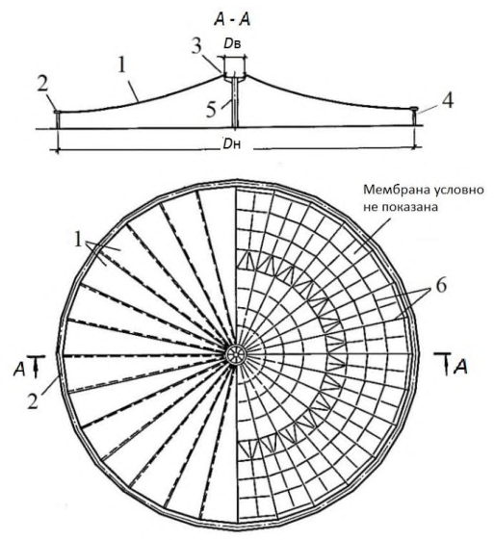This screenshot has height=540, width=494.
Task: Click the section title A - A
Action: coord(232,20)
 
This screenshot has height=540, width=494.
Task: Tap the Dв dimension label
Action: coord(232,43)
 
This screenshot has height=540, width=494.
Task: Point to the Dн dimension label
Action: coord(231,144)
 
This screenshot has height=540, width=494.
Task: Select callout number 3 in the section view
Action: coord(196,46)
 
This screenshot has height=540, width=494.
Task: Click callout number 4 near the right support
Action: coord(448,100)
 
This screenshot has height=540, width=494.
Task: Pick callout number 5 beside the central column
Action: coord(211,110)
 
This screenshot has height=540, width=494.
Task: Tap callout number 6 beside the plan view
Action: coord(441,285)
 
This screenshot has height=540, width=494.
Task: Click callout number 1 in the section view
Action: coord(121,65)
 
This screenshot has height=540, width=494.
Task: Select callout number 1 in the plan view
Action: coord(79,240)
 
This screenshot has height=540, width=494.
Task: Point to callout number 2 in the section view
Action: coord(42,84)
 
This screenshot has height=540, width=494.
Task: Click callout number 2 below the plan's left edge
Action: coord(33,400)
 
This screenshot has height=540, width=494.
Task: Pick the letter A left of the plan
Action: coord(19,370)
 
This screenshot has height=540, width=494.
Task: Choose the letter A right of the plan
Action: coord(460,368)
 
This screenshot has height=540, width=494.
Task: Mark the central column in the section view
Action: coord(235,103)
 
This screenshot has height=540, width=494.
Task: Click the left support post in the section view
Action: coord(58,120)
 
